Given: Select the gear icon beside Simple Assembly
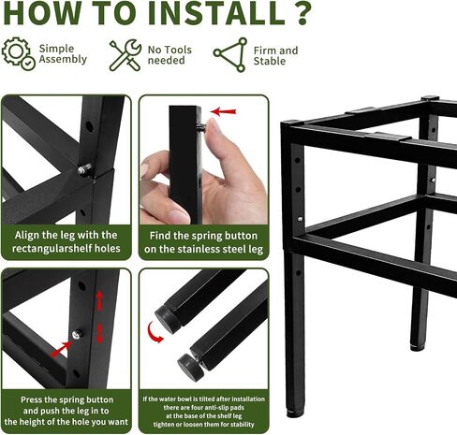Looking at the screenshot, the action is (x=18, y=53).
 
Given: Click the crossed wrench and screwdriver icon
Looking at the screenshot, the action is (x=125, y=55).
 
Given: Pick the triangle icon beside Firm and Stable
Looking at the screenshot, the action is (x=230, y=55).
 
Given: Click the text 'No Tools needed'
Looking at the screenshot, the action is (x=170, y=55).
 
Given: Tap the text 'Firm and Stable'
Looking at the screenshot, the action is (x=275, y=55).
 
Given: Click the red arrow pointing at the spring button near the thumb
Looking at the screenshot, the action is (x=223, y=111).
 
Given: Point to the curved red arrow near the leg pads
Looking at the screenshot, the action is (x=154, y=332).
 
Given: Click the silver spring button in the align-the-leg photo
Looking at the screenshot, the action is (x=85, y=169).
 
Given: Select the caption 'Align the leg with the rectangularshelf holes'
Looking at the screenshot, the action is (x=66, y=241).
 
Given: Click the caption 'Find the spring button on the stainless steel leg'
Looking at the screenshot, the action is (x=203, y=242).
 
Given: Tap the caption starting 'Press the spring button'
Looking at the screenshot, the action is (x=66, y=411).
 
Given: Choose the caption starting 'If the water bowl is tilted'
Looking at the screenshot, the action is (x=203, y=412).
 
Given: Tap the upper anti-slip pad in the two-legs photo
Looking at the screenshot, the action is (x=168, y=319).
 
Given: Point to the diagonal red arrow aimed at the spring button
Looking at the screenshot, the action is (x=61, y=349).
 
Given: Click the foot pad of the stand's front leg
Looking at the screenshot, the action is (x=294, y=413).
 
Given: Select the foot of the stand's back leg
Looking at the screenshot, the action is (x=417, y=347).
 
